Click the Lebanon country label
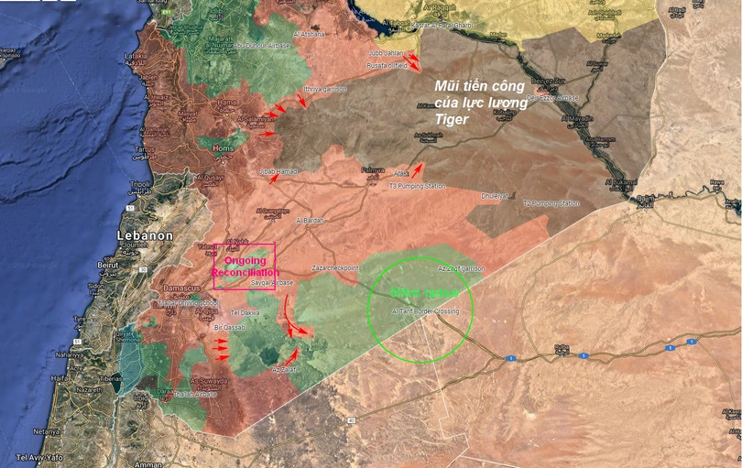pyautogui.click(x=145, y=235)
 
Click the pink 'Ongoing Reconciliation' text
pyautogui.click(x=245, y=267)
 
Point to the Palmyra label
pyautogui.click(x=372, y=170)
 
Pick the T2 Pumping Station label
pyautogui.click(x=551, y=202)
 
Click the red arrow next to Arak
pyautogui.click(x=418, y=169)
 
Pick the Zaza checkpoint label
pyautogui.click(x=336, y=268)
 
